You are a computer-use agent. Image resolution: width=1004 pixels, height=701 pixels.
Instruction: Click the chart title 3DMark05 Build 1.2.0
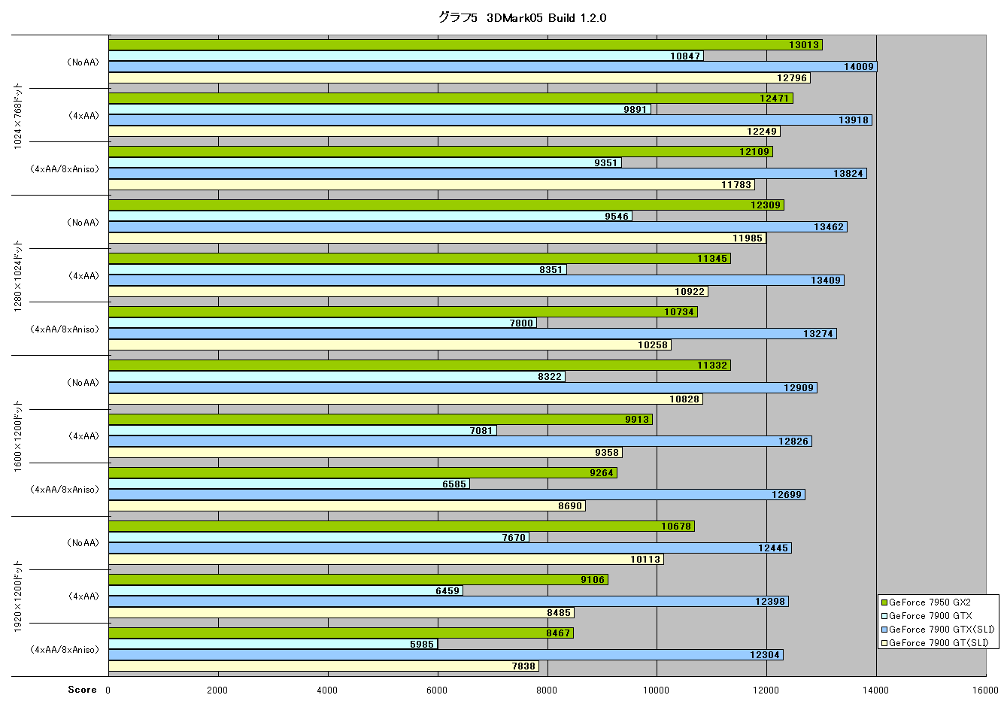(x=546, y=18)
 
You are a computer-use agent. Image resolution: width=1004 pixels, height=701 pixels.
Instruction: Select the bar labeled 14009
(x=493, y=67)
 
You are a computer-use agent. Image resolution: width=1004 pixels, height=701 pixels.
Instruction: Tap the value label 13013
(x=804, y=45)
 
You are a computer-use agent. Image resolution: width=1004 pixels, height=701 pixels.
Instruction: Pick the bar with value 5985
(x=273, y=644)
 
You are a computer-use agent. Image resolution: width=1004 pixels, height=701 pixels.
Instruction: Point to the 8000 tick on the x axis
(x=547, y=690)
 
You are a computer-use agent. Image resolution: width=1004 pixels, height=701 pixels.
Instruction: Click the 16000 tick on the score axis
(x=985, y=690)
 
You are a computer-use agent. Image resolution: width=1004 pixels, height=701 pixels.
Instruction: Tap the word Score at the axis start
(x=82, y=690)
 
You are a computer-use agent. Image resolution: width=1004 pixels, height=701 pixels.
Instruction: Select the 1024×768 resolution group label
(x=18, y=116)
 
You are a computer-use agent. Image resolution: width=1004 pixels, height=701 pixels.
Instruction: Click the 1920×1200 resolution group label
(x=18, y=596)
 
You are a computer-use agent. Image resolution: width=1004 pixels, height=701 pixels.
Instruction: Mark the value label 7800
(x=521, y=323)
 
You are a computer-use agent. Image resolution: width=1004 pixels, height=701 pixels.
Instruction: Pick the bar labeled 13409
(x=477, y=281)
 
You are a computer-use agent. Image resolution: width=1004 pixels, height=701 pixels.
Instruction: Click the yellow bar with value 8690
(x=347, y=506)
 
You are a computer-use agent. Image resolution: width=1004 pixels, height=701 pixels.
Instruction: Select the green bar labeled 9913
(x=381, y=420)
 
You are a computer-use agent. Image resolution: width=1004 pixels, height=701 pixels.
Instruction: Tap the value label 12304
(x=765, y=655)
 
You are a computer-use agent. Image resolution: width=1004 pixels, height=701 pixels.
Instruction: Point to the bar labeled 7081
(x=303, y=431)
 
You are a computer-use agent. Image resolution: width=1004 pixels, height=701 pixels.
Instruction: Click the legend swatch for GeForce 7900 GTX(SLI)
(x=884, y=630)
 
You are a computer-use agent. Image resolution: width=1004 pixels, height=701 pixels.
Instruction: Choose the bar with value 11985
(x=438, y=238)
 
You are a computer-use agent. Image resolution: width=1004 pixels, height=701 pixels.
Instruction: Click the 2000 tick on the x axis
(x=217, y=690)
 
